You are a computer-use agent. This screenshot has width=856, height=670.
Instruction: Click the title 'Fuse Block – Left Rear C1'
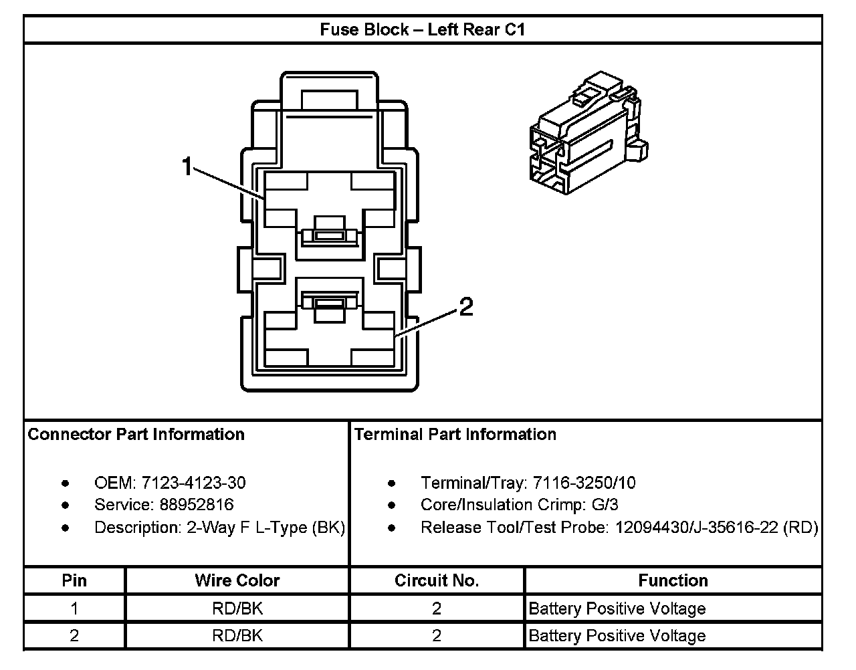pos(422,30)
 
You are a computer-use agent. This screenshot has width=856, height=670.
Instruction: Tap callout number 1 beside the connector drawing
pos(188,166)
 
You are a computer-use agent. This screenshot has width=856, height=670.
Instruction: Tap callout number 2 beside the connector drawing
pos(465,307)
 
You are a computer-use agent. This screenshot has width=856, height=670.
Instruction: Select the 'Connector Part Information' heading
pos(136,435)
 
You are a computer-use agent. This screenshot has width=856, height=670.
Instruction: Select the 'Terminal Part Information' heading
pos(455,435)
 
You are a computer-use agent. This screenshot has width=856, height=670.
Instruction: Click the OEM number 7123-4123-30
pos(193,483)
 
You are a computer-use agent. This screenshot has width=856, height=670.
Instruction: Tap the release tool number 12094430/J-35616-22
pos(695,528)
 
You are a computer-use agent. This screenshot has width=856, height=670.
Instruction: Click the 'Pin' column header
pos(74,580)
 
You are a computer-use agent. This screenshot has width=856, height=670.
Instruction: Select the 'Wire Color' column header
pos(237,580)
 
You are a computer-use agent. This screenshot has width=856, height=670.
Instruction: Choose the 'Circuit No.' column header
pos(437,580)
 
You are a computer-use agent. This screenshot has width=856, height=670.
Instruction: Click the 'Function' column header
pos(673,580)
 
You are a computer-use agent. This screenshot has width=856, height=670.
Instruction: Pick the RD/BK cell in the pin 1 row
pos(237,608)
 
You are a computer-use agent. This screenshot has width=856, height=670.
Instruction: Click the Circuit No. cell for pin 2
pos(437,635)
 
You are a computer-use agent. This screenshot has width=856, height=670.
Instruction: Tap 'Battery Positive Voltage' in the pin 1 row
pos(617,608)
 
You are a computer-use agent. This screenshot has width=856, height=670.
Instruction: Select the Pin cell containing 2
pos(74,635)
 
